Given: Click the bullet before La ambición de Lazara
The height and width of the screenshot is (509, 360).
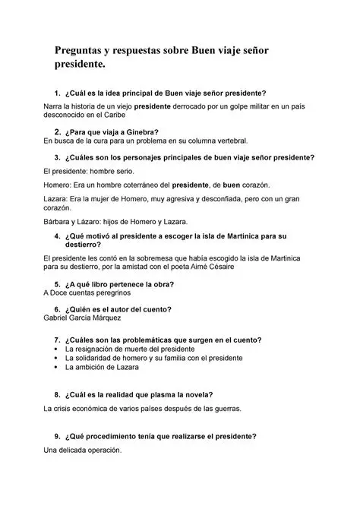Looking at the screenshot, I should click(x=58, y=367).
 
